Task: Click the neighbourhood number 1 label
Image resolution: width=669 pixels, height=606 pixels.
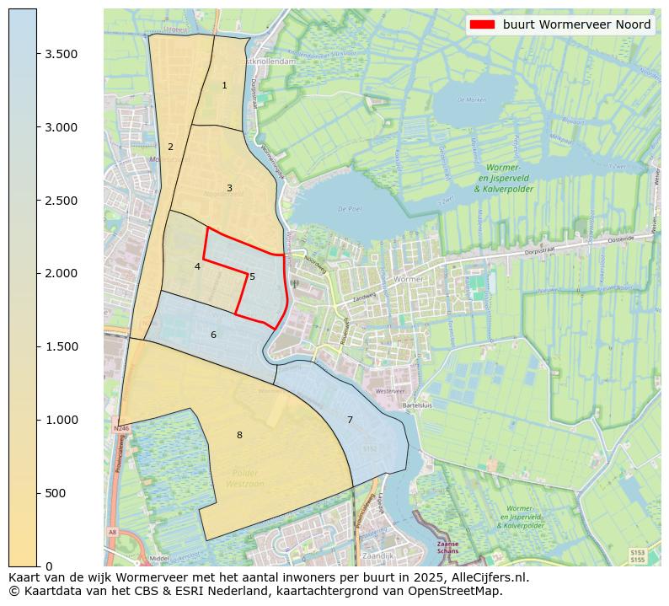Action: coord(224,86)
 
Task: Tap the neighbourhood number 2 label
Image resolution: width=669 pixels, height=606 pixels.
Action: coord(170,147)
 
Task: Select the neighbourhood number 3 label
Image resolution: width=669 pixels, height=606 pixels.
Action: coord(229,188)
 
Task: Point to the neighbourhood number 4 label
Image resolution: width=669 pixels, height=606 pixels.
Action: coord(197,266)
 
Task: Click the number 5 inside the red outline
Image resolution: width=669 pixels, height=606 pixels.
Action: coord(252,276)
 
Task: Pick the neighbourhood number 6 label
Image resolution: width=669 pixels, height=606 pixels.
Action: coord(213,335)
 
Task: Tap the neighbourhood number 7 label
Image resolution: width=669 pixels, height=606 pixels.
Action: coord(350,420)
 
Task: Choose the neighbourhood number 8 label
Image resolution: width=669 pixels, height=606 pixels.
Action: coord(239,435)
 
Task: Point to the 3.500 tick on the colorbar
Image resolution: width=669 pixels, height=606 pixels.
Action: coord(61,54)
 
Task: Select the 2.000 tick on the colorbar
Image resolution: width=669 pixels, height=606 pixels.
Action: coord(61,273)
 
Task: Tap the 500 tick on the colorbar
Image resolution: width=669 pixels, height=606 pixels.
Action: coord(56,493)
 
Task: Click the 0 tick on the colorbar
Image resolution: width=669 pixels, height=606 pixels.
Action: coord(49,566)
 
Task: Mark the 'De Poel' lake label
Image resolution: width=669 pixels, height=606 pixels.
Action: coord(348,208)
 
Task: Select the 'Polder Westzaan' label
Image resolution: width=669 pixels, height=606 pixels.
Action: coord(245,478)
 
